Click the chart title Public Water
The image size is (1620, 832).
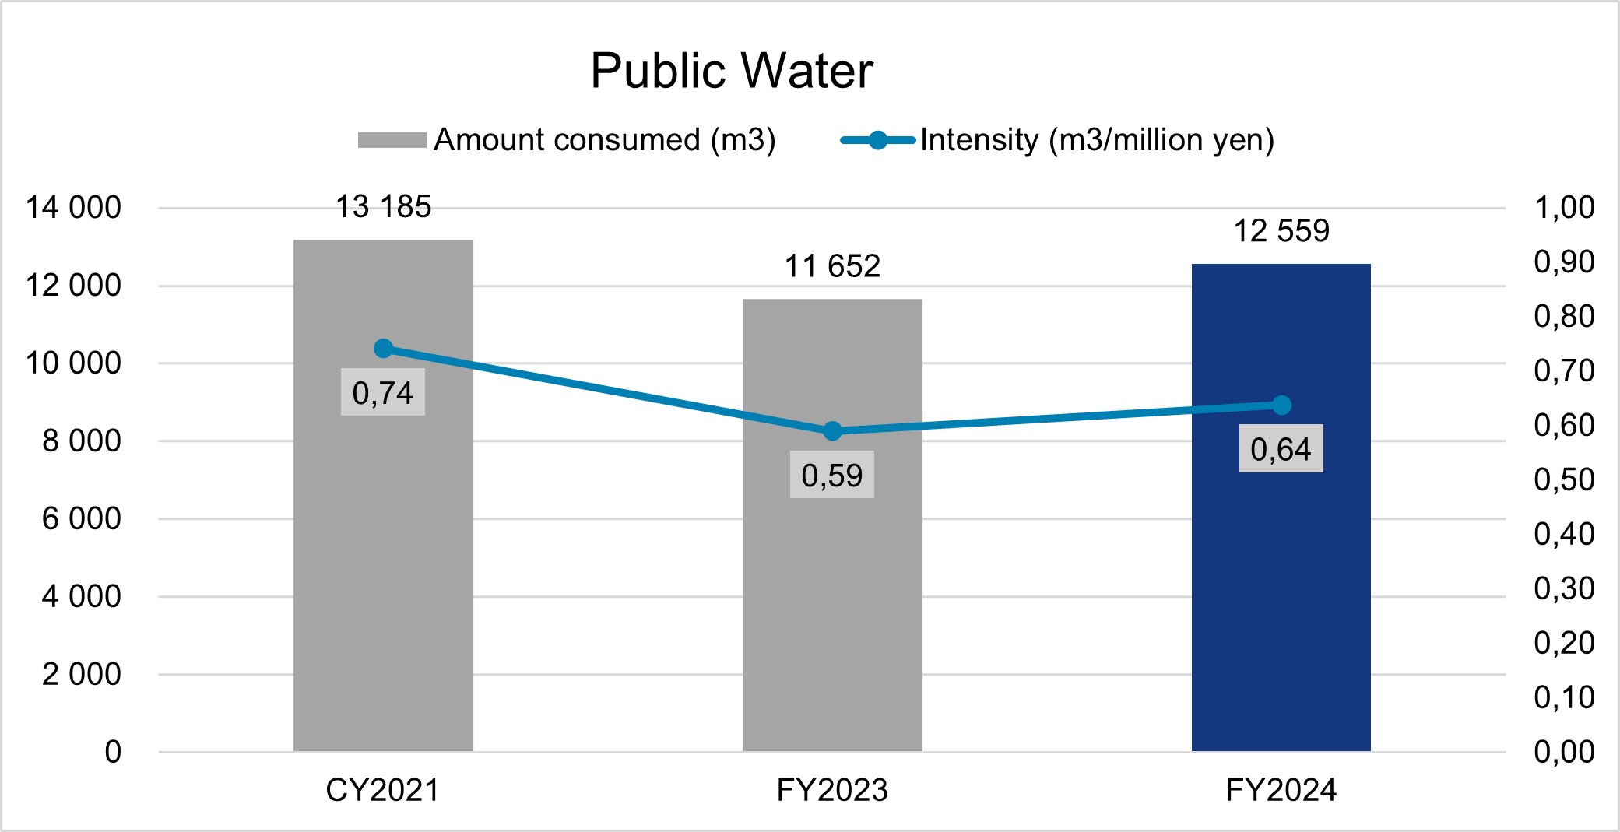tap(731, 71)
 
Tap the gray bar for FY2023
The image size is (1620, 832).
tap(832, 592)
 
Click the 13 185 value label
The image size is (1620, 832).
tap(383, 207)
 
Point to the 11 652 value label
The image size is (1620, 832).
tap(832, 266)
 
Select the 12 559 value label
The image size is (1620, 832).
tap(1281, 230)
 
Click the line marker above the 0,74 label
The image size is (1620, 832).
tap(383, 348)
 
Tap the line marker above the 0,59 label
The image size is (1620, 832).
tap(832, 430)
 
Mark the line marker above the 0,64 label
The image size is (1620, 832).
tap(1281, 405)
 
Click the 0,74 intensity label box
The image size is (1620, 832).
tap(383, 393)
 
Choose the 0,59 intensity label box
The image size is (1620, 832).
tap(832, 475)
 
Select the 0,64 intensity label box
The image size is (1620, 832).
tap(1281, 449)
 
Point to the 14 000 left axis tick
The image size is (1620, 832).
tap(73, 208)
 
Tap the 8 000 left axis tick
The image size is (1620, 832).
tap(81, 441)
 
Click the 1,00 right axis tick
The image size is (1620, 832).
tap(1564, 208)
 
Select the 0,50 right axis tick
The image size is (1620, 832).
tap(1564, 479)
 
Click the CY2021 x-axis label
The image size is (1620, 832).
tap(382, 790)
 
